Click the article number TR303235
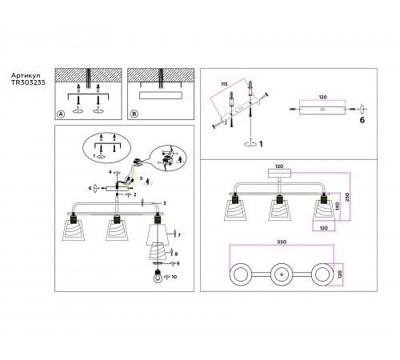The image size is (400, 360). click(28, 82)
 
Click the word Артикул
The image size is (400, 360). click(26, 76)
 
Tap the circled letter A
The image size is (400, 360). click(61, 114)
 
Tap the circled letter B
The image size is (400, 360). click(134, 114)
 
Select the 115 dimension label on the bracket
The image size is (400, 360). click(224, 84)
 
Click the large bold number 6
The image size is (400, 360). click(362, 120)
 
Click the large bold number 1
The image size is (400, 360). click(261, 144)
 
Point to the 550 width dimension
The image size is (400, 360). click(282, 242)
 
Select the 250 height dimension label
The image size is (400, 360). click(347, 197)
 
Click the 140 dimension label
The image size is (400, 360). click(337, 206)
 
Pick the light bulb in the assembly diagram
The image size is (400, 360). click(158, 276)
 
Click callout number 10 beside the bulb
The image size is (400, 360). click(174, 277)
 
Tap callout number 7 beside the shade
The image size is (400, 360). click(179, 235)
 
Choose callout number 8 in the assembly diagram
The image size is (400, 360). click(176, 254)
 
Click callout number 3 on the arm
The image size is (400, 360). click(165, 203)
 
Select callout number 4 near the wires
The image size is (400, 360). click(110, 172)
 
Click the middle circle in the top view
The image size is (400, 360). click(282, 274)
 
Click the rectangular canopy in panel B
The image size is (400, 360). click(161, 95)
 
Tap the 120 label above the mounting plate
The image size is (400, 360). click(322, 97)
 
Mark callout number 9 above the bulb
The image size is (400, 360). click(178, 263)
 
